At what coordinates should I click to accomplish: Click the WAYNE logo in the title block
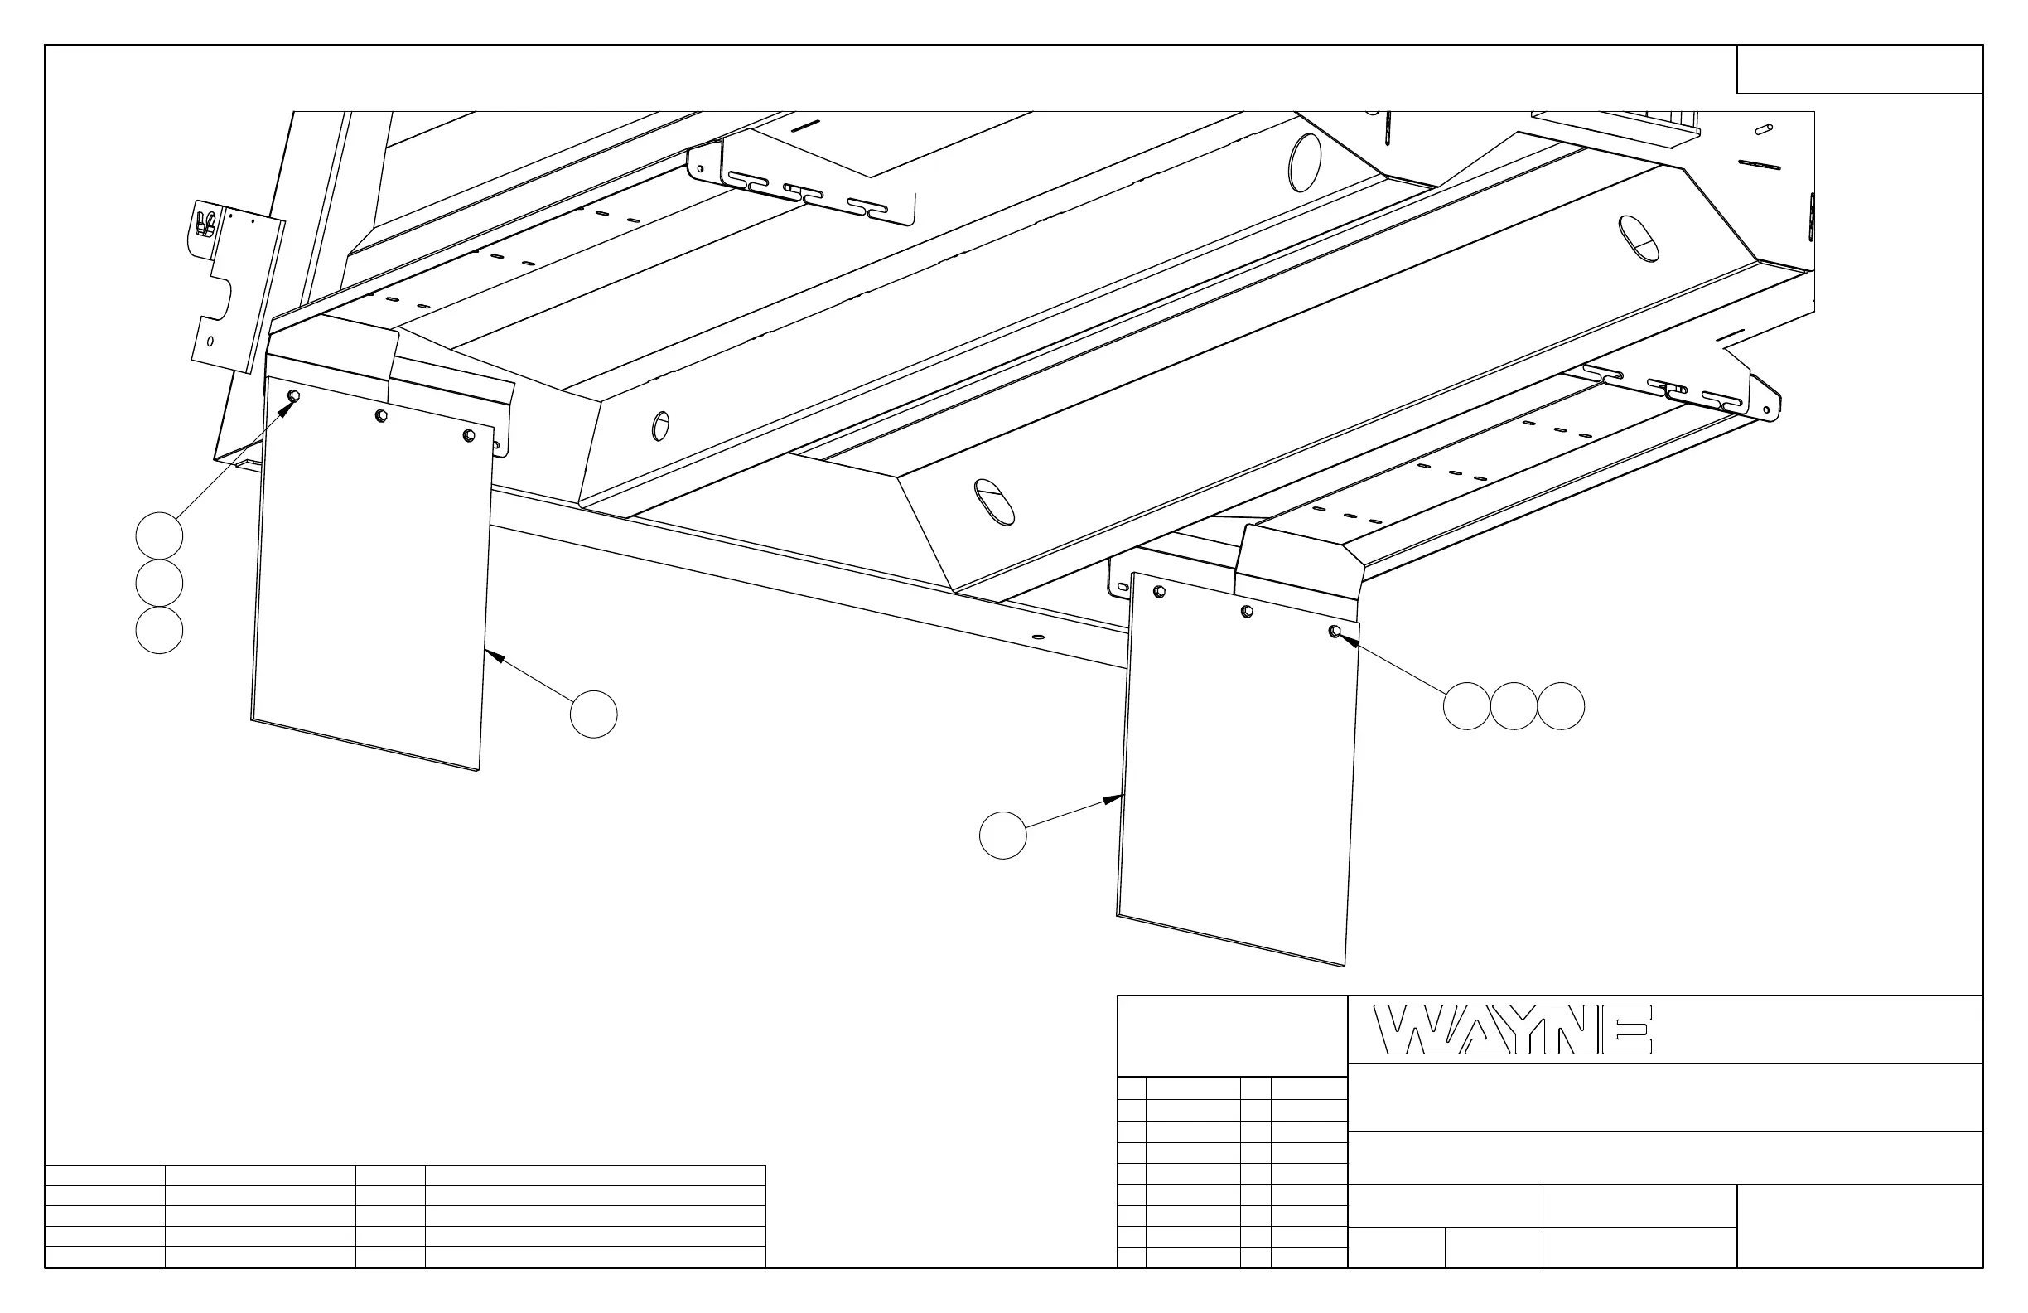1513,1030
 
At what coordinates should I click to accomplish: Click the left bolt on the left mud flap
294,396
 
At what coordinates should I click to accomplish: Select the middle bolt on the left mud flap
382,416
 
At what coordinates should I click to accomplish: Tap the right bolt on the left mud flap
468,436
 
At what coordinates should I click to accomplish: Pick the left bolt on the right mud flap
1159,592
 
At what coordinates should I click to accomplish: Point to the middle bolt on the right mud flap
1247,611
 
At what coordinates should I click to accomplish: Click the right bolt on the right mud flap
1335,631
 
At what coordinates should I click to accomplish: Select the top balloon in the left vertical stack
159,536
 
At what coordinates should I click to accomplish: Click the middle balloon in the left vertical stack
159,584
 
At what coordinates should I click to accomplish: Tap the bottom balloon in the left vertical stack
159,630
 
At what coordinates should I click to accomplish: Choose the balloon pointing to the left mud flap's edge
594,715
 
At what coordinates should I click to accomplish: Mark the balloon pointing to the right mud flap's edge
1003,836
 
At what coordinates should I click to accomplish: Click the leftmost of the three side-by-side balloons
1466,706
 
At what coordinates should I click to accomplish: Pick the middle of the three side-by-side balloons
1514,706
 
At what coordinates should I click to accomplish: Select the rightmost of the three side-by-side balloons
1561,706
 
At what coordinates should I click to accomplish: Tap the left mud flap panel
372,579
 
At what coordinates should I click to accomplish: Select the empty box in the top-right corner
1859,69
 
